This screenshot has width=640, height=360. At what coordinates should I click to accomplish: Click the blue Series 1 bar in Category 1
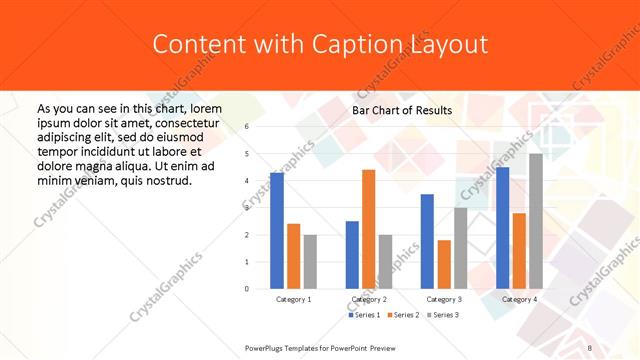[277, 231]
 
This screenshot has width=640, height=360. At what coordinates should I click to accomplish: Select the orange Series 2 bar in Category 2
[368, 229]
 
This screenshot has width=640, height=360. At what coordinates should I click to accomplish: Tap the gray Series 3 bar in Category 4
[536, 221]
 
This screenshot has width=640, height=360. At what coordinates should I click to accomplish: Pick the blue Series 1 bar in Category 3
[427, 241]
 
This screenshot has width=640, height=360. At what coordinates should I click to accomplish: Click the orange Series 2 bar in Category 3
[444, 264]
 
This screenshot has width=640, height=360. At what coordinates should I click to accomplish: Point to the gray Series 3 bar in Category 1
[310, 261]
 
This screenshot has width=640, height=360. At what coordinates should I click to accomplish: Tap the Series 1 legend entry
[363, 315]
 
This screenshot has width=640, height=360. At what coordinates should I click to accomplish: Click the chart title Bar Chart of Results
[402, 110]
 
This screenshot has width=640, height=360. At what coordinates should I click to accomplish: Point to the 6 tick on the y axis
[246, 127]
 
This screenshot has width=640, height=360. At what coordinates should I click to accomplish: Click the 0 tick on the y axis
[246, 289]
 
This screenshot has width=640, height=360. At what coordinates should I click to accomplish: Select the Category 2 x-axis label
[368, 299]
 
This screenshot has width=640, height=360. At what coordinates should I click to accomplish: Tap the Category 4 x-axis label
[519, 299]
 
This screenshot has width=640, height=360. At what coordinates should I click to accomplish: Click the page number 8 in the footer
[590, 346]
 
